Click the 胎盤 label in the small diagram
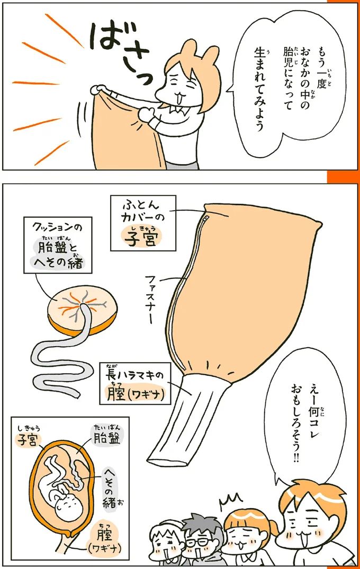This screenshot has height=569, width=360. pos(108,437)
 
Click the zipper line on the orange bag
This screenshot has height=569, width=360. pos(179,286)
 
